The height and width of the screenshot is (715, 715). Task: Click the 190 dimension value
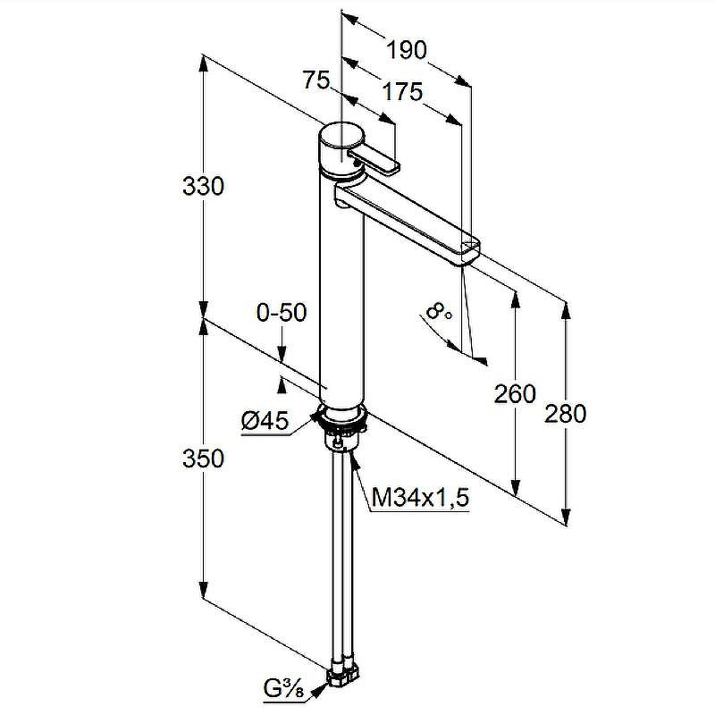(x=407, y=50)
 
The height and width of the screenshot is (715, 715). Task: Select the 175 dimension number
(x=403, y=92)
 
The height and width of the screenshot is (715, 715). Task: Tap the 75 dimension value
(x=316, y=80)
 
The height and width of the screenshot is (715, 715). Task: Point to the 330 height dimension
(x=203, y=187)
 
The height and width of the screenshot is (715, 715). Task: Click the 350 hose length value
(x=203, y=458)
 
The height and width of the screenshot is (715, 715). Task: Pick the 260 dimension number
(x=515, y=394)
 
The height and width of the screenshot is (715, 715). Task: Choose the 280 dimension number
(x=566, y=415)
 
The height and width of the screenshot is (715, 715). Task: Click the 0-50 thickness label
(x=282, y=313)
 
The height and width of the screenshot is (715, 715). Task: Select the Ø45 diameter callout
(x=265, y=420)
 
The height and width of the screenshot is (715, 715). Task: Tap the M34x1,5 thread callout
(x=420, y=498)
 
